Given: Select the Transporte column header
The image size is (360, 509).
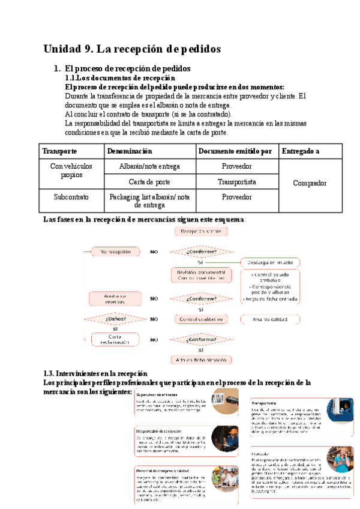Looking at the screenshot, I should [60, 151].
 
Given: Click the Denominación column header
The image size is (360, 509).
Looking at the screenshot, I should [130, 151].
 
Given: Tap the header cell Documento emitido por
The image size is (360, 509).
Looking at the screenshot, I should [235, 151].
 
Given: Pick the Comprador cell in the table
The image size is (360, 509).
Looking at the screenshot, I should [310, 182].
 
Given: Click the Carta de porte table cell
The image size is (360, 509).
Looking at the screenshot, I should [150, 181].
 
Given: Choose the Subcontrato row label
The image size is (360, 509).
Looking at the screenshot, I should [70, 196].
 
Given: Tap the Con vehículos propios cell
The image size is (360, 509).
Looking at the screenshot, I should [71, 170].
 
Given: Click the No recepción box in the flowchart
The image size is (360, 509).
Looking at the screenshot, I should [116, 252].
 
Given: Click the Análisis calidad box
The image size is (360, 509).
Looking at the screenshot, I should [275, 319].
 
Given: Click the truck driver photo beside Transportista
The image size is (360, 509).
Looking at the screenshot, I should [340, 411].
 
